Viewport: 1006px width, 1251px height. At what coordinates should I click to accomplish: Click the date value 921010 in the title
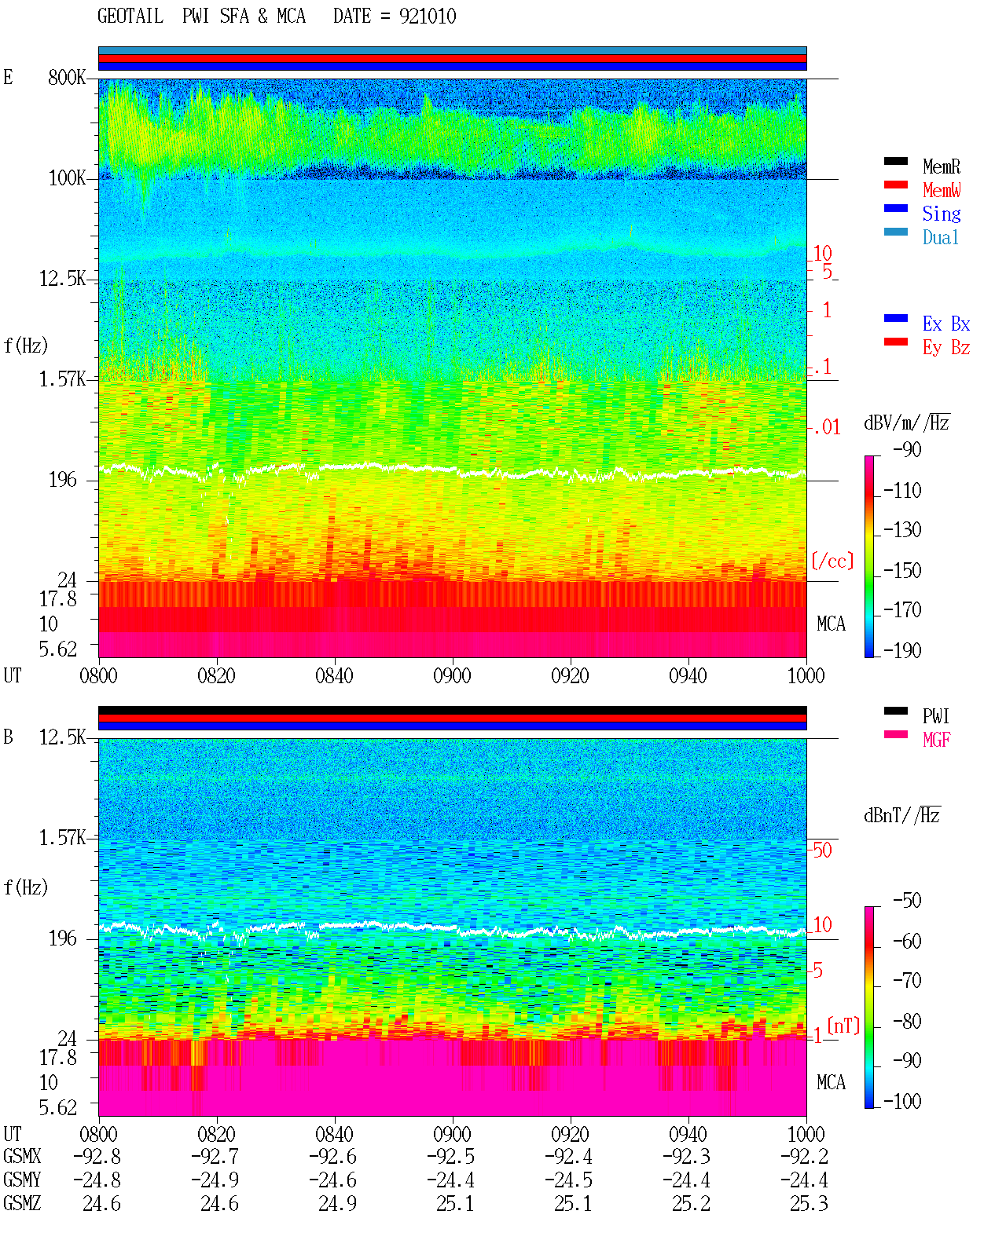428,16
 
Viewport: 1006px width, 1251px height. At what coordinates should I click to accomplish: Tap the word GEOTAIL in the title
130,16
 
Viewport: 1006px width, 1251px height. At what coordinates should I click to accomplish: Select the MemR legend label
942,166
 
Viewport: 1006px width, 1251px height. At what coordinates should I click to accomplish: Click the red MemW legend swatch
895,185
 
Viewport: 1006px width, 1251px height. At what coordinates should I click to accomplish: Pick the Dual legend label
941,238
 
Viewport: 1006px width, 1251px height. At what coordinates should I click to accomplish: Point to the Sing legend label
942,214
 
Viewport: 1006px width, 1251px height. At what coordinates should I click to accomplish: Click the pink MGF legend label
936,740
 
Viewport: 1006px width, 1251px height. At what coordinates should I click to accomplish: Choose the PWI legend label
935,716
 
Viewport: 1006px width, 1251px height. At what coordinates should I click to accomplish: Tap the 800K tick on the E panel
67,77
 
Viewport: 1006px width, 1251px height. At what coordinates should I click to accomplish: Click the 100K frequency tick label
67,178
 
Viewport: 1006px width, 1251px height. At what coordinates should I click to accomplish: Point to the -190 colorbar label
902,650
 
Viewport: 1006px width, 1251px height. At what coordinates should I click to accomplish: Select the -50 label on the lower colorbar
907,901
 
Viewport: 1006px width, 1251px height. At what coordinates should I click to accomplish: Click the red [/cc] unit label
832,561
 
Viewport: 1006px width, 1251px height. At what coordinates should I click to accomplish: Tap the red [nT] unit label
843,1026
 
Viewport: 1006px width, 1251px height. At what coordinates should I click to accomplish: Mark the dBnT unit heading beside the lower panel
901,816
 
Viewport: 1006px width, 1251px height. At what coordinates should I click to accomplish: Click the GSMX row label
22,1156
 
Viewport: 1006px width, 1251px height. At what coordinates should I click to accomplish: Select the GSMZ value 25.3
809,1203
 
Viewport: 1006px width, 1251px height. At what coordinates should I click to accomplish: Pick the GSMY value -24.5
568,1180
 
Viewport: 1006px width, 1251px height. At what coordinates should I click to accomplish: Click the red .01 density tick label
827,428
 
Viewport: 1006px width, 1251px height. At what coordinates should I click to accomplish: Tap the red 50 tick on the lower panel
822,850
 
